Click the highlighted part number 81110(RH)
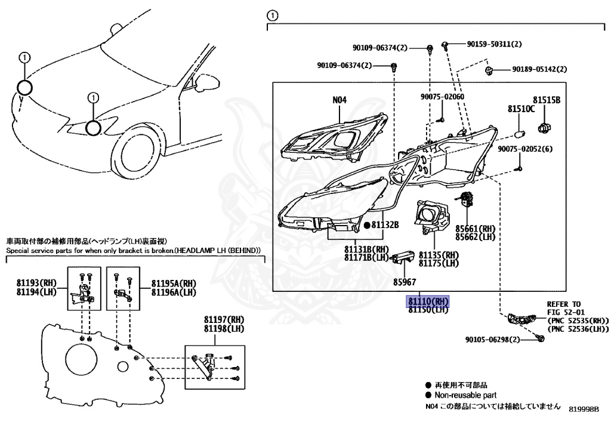pos(427,301)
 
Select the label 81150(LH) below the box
pos(427,310)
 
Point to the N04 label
pos(340,100)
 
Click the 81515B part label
pos(547,100)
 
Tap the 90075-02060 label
pos(442,97)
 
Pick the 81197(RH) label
pos(216,322)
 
